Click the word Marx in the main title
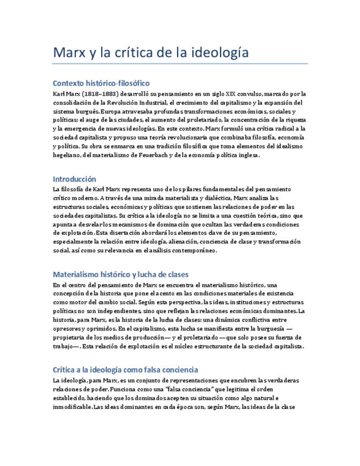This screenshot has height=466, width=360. coord(70,53)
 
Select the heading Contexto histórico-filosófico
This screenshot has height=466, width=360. coord(101,83)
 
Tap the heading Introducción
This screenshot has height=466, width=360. coord(74,179)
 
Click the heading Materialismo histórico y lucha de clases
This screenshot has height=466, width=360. coord(120,274)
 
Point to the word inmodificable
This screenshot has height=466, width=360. coord(73,407)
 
